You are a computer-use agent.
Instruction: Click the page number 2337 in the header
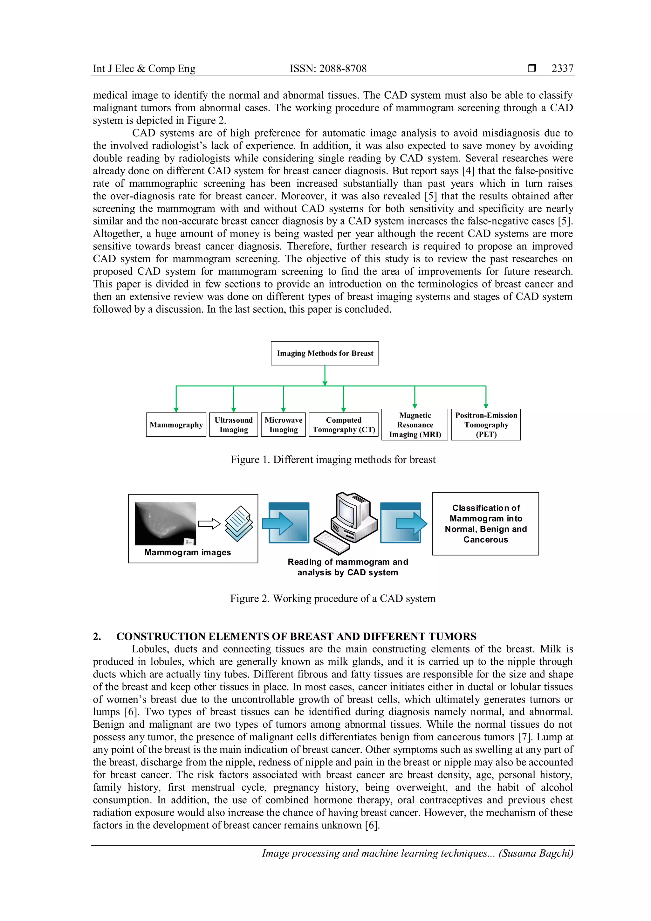tap(562, 69)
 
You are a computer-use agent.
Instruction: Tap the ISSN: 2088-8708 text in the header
tap(328, 69)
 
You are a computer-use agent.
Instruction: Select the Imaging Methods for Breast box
tap(325, 353)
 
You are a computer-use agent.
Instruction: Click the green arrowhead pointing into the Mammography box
tap(176, 409)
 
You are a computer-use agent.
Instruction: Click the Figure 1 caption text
tap(333, 460)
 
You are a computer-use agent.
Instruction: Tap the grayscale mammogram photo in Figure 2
tap(165, 523)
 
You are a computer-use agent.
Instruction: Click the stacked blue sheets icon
tap(239, 523)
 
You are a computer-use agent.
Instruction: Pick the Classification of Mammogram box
tap(485, 524)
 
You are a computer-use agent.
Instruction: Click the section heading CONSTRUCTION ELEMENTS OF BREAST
tap(296, 637)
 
